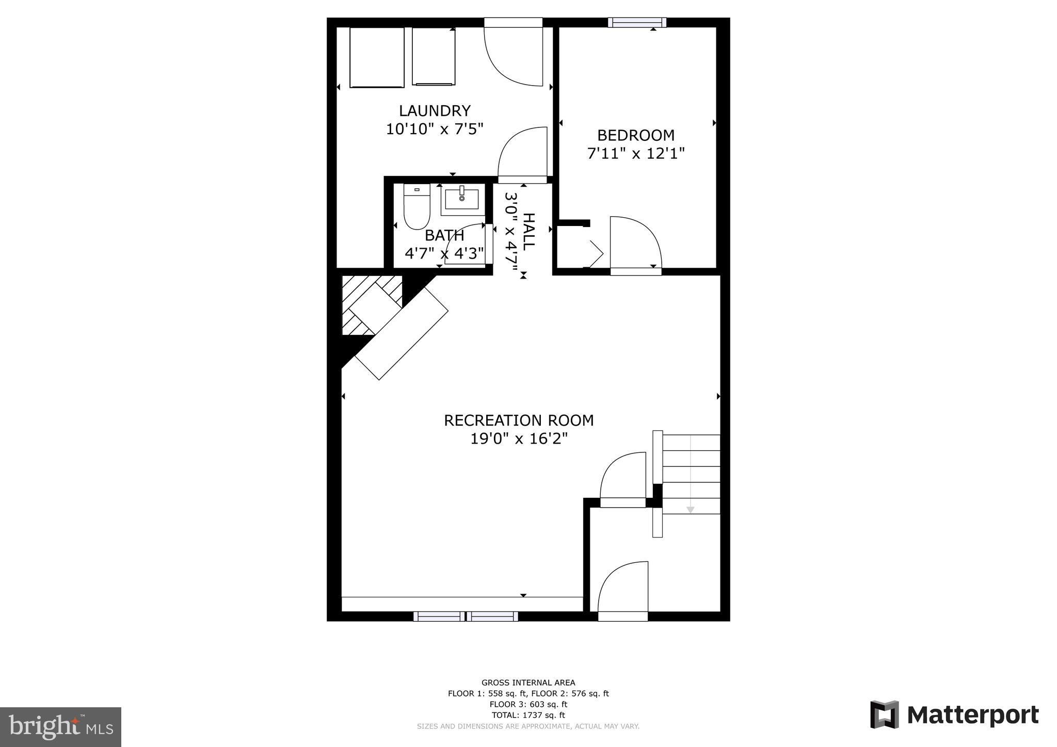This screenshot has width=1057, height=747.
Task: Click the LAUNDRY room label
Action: (x=435, y=111)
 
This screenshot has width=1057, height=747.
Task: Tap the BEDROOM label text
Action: (x=636, y=135)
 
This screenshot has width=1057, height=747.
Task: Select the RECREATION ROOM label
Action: (x=519, y=420)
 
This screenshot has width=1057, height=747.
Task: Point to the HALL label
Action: (x=528, y=232)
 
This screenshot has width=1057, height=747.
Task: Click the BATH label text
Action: (x=444, y=236)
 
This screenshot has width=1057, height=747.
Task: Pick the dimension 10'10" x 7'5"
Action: (x=435, y=129)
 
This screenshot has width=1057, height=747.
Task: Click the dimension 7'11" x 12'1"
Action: (x=636, y=153)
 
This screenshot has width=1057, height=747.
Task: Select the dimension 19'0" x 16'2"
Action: (x=519, y=439)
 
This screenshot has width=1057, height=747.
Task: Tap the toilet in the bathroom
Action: (x=417, y=207)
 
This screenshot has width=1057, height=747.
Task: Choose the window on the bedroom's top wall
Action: (x=637, y=22)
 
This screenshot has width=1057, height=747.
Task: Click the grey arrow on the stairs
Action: (x=690, y=509)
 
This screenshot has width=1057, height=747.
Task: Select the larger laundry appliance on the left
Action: (x=376, y=57)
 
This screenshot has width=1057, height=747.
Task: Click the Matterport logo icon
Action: (x=885, y=715)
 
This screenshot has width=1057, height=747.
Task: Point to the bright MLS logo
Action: (x=61, y=727)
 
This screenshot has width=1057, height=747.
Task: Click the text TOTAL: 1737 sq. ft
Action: (x=528, y=715)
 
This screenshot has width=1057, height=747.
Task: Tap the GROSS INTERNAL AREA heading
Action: (x=528, y=683)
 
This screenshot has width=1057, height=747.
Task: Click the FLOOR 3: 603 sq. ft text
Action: (x=528, y=704)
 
